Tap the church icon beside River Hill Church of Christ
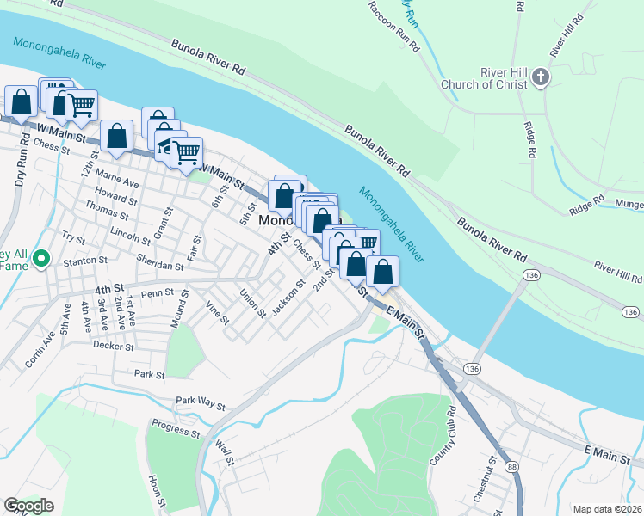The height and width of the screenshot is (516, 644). point(541,77)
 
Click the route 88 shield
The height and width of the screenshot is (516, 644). point(513,467)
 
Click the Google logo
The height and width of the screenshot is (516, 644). point(28,506)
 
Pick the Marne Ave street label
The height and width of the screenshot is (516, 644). point(119,183)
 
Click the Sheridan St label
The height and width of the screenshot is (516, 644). point(160,267)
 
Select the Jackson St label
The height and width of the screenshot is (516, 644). point(288,298)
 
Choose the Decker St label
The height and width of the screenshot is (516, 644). point(114,347)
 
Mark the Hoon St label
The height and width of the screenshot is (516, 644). point(155,491)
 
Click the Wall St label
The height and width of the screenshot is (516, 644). point(226,452)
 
